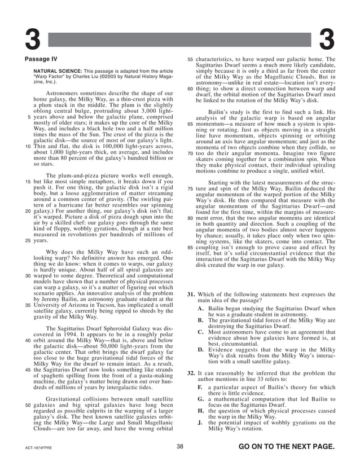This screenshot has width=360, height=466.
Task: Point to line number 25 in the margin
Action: [28, 240]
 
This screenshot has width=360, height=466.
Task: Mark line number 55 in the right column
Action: [190, 59]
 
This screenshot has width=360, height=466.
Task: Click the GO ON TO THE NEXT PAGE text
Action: [287, 447]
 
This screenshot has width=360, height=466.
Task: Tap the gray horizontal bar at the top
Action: [179, 39]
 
